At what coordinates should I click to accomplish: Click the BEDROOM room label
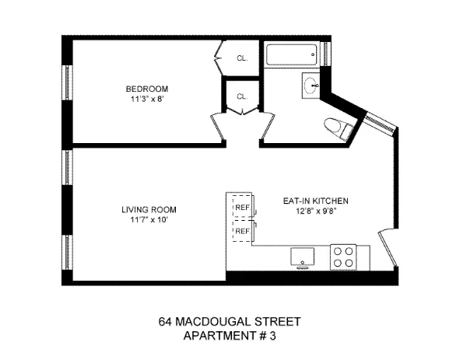(x=148, y=89)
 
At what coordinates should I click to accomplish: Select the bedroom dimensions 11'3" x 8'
(x=148, y=100)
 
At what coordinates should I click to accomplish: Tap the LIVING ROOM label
(x=148, y=209)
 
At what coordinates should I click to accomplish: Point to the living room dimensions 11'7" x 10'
(x=148, y=220)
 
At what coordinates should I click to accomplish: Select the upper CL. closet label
(x=242, y=58)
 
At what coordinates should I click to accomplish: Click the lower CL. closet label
(x=241, y=96)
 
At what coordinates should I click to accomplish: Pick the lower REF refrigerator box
(x=242, y=231)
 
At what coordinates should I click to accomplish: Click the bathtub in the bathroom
(x=291, y=56)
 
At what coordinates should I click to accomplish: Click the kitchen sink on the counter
(x=301, y=257)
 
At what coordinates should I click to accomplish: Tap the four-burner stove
(x=343, y=257)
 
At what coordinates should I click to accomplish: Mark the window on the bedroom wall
(x=68, y=87)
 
